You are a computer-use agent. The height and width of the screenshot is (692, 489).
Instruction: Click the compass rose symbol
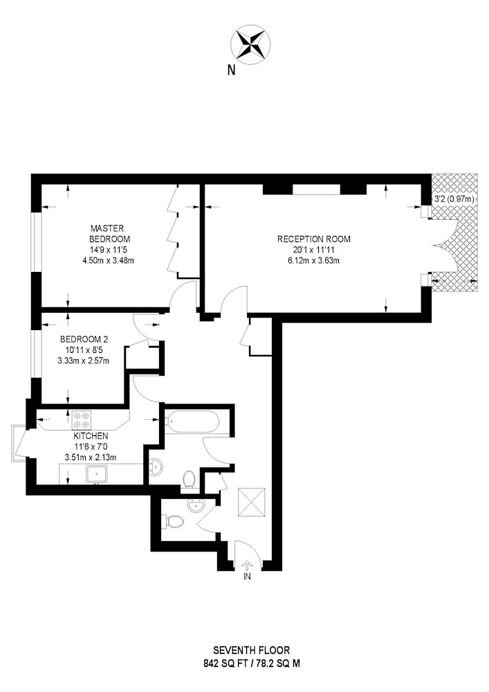click(x=250, y=44)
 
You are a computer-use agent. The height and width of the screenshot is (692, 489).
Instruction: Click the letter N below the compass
click(x=231, y=70)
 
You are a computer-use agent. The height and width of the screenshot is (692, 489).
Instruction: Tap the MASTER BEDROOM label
click(x=109, y=233)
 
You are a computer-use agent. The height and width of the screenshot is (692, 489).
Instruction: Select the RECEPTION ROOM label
click(x=313, y=239)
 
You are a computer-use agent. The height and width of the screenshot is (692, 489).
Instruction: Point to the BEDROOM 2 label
click(x=84, y=339)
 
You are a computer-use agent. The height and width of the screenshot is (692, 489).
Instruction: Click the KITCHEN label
click(x=91, y=436)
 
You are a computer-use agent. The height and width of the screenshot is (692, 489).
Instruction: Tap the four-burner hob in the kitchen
click(x=82, y=420)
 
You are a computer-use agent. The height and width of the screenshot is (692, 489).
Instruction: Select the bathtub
click(x=192, y=422)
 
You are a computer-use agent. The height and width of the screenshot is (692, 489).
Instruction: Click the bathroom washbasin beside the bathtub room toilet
click(x=156, y=466)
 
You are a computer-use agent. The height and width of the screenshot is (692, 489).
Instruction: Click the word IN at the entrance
click(x=247, y=576)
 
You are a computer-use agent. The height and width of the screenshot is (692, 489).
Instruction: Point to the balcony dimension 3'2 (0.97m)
click(x=454, y=199)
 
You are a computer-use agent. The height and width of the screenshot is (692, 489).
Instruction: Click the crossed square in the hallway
click(x=251, y=502)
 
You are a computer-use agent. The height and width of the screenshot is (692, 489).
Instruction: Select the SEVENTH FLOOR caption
click(x=251, y=650)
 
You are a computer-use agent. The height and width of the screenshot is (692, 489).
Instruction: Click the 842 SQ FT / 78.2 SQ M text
click(x=251, y=663)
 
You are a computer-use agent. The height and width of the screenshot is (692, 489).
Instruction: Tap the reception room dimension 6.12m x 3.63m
click(x=313, y=260)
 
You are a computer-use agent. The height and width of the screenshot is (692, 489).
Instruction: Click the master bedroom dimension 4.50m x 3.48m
click(x=109, y=260)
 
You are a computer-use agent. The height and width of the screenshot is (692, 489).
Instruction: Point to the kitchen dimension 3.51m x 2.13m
click(x=91, y=457)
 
